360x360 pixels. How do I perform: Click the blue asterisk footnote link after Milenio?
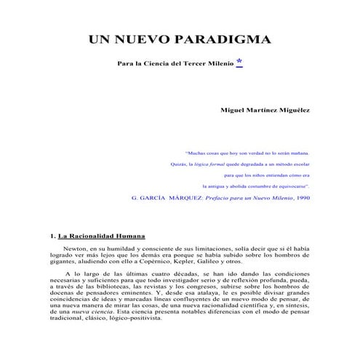[x=239, y=63]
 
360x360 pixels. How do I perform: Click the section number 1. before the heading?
[x=53, y=236]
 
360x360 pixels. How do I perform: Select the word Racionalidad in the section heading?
[x=97, y=236]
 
